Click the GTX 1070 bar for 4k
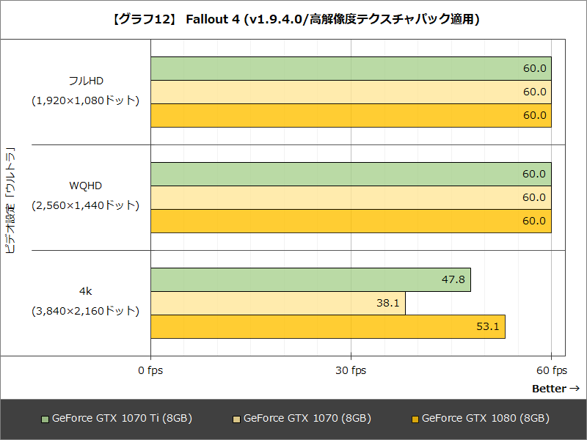click(x=278, y=303)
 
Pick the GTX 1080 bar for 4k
click(x=328, y=326)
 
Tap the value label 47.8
click(x=452, y=279)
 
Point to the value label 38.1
click(x=387, y=303)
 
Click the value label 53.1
click(x=487, y=326)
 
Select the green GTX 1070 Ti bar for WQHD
click(x=351, y=174)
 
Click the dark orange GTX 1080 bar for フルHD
click(x=351, y=115)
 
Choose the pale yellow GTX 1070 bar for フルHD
click(x=351, y=92)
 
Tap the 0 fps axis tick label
click(x=150, y=370)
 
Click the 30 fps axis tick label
click(x=351, y=370)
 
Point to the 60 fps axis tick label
click(x=551, y=370)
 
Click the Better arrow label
click(x=555, y=389)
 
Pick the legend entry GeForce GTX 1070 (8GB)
click(x=302, y=419)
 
